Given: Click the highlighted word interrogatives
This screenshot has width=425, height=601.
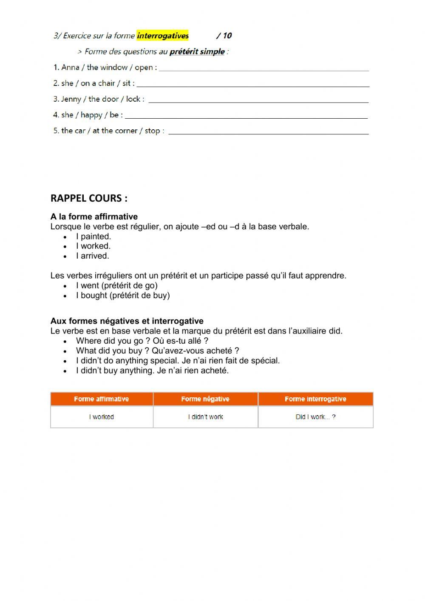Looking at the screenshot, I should point(163,36).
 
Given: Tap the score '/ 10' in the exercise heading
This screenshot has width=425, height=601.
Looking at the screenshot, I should point(224,36).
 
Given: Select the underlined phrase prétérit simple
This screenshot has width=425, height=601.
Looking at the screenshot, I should point(197,52).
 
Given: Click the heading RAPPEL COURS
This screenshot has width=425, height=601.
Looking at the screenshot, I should point(89,198).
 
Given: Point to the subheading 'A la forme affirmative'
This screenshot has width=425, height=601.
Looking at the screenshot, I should point(94,216).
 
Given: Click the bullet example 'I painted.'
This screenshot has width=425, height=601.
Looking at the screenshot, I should point(93,236).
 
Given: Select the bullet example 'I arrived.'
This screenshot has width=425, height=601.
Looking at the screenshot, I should point(92,256).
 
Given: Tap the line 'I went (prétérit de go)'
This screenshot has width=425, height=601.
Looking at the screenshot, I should point(116,285).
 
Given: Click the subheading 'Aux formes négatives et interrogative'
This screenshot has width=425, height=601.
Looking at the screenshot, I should point(127,321).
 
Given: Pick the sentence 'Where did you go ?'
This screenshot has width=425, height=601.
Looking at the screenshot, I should point(110,341).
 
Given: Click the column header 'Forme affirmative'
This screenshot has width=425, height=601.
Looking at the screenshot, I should point(101,399).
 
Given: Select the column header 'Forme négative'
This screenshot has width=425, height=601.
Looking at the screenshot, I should point(205,399).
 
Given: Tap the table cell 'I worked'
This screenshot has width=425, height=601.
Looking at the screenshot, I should point(101,417).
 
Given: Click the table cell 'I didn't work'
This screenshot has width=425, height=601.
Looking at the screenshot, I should point(205,417).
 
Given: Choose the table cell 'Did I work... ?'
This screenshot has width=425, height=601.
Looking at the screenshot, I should point(315,417).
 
